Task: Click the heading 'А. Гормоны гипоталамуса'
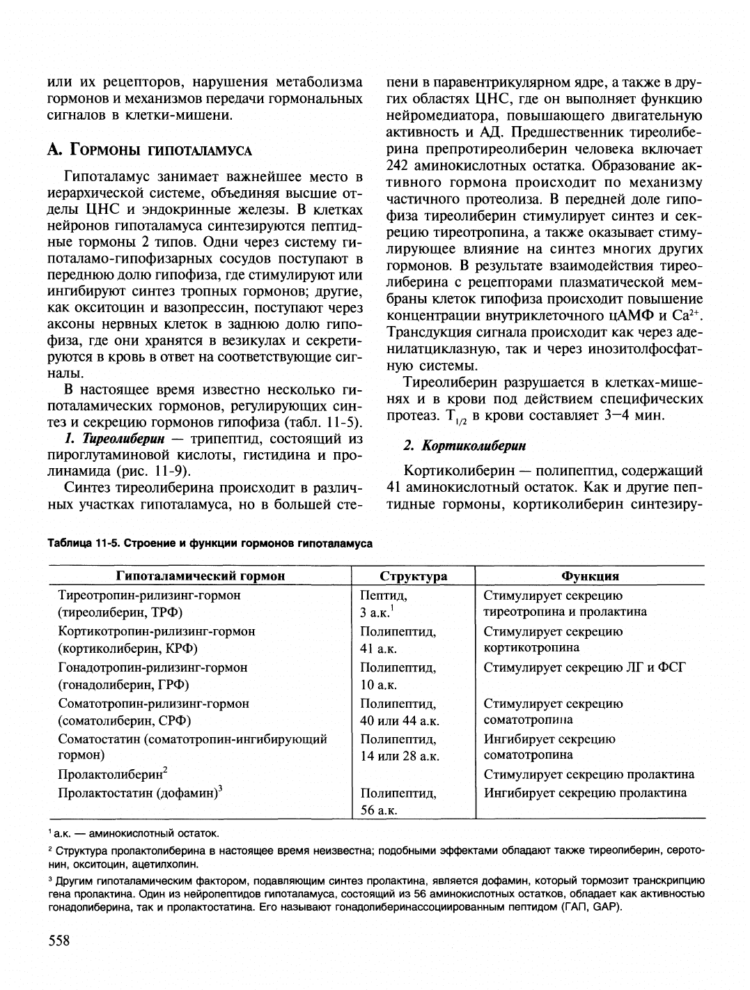pos(149,150)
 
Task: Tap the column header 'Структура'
pos(414,576)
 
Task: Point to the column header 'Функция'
pos(590,576)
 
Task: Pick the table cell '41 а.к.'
pos(379,649)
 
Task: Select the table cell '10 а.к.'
pos(379,684)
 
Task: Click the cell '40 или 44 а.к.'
pos(400,720)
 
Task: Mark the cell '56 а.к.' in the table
pos(379,810)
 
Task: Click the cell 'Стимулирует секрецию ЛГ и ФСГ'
pos(585,667)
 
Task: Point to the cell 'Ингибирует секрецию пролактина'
pos(585,792)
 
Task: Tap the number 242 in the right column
pos(398,166)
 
